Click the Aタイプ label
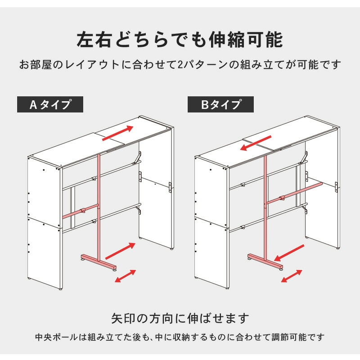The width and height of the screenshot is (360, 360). click(x=50, y=104)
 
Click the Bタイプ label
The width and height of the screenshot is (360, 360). click(x=220, y=104)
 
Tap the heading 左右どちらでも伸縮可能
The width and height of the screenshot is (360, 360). click(x=180, y=40)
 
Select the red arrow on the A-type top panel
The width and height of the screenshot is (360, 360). click(x=118, y=133)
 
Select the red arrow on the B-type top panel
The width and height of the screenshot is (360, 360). click(x=256, y=143)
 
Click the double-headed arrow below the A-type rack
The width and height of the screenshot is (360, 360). click(x=126, y=276)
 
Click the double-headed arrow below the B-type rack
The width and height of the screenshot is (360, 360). click(x=291, y=276)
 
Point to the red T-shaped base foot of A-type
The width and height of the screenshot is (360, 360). click(x=99, y=262)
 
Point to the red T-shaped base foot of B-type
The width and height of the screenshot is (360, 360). click(x=265, y=262)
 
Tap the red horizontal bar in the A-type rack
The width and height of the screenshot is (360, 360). click(x=81, y=211)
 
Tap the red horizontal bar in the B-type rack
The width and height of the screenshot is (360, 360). click(x=294, y=193)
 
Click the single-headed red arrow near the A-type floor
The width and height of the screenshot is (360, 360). click(x=120, y=251)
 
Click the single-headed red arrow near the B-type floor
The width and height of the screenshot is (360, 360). click(x=289, y=253)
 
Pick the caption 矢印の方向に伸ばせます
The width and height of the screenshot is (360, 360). click(x=180, y=318)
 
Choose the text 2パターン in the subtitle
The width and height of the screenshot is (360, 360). click(x=204, y=64)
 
